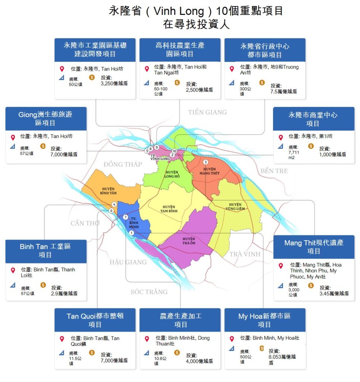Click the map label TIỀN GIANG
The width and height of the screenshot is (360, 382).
pos(207,112)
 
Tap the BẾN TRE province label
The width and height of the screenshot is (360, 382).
pos(274,171)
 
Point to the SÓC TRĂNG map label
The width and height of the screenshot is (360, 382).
pos(149,292)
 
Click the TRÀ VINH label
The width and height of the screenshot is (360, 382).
pos(245,254)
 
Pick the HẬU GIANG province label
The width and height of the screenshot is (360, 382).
pos(128,262)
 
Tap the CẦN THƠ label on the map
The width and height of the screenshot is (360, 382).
pos(85,223)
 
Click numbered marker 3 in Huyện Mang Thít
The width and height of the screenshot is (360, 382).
pos(205,162)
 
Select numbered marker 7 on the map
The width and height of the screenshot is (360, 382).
pos(125,217)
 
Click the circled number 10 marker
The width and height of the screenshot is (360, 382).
pos(174,151)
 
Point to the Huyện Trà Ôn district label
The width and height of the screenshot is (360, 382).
pos(189,241)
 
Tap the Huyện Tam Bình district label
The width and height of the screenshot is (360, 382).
pos(170,209)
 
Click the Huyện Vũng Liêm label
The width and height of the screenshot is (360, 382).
pos(235,207)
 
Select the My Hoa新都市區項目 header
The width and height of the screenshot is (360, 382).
pos(264,320)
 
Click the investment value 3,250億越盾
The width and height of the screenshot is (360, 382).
pos(114,84)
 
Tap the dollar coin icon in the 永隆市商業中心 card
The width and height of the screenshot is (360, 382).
pos(311,146)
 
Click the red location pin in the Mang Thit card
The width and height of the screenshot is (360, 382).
pos(281,266)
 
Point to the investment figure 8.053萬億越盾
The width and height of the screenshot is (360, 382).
pos(282,359)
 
